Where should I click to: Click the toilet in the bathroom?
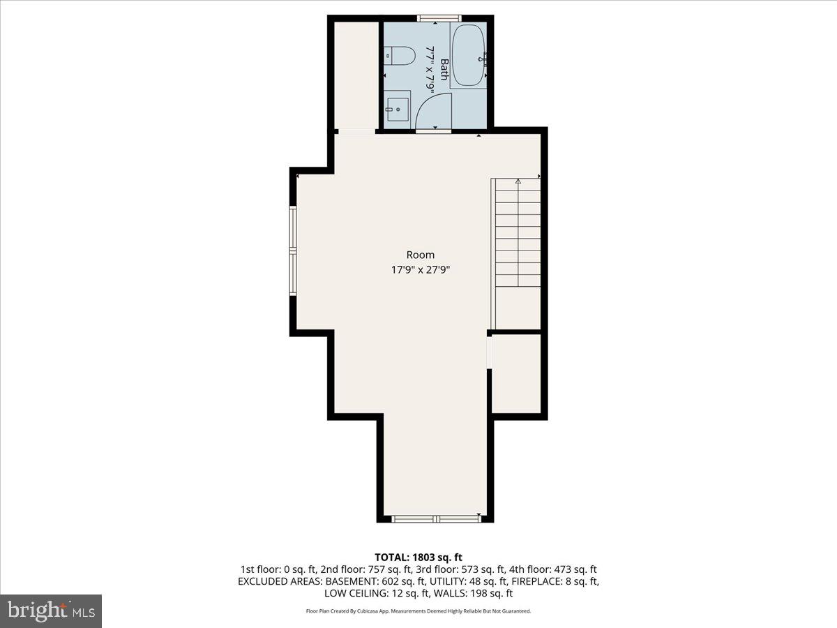(x=401, y=55)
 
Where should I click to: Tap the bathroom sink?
(x=397, y=108)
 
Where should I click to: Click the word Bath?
(x=444, y=70)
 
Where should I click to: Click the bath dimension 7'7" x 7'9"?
(x=430, y=70)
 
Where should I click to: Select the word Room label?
(x=420, y=255)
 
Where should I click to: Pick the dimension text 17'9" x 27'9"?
(x=420, y=270)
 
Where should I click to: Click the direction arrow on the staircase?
(x=518, y=183)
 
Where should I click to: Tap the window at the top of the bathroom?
(x=439, y=17)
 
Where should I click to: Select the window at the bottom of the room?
(x=435, y=519)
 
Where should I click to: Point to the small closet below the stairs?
(x=517, y=373)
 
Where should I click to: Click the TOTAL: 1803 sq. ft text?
(x=418, y=557)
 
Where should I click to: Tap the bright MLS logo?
(x=51, y=611)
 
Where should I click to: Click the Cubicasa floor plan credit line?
(x=418, y=611)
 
